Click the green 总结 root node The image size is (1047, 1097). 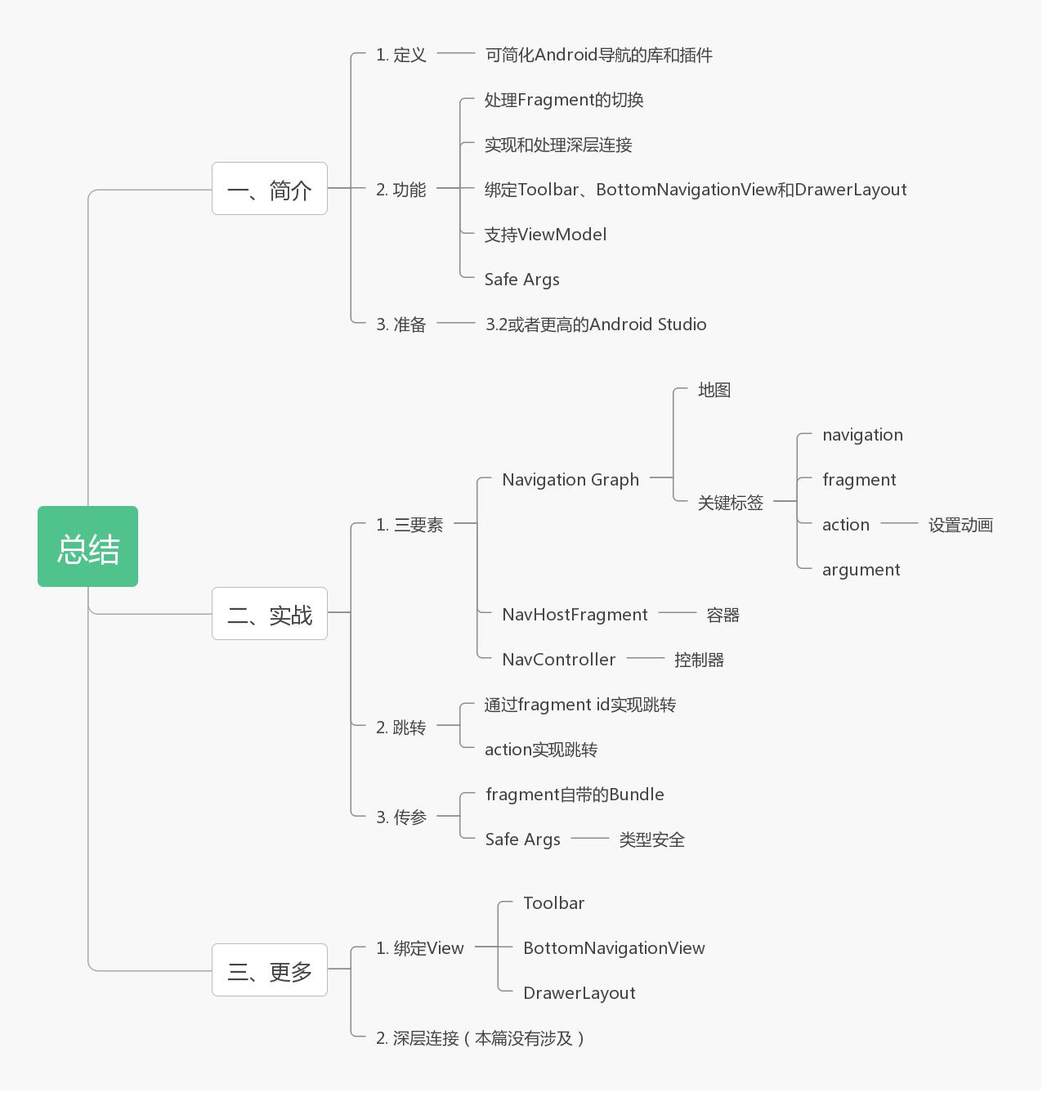87,546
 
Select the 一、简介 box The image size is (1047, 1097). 269,189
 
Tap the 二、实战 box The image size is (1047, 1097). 269,613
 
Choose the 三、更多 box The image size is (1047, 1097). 269,970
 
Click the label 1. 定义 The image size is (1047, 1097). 400,55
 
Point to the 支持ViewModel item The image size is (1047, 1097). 545,235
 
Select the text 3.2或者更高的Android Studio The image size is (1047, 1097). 595,325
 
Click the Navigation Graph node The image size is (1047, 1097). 570,480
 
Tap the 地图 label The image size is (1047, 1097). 714,390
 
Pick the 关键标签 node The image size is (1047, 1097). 730,503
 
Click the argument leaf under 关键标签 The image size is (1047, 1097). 861,570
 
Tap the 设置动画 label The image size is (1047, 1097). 960,525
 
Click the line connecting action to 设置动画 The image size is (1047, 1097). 899,523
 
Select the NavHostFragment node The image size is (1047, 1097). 575,615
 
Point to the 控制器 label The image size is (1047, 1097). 699,660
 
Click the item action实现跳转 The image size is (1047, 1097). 540,750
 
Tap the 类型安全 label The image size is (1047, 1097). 651,840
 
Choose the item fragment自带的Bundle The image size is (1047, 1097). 574,795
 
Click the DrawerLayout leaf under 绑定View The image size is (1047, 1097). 579,993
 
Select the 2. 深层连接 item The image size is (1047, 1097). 480,1038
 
